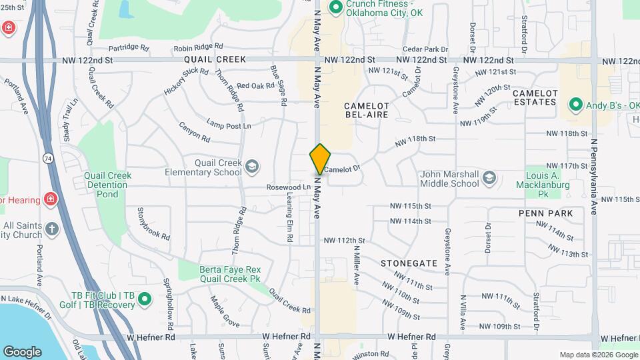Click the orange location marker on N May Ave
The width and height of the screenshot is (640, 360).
320,159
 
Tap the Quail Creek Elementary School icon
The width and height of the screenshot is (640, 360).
252,167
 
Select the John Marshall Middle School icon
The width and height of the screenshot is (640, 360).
489,177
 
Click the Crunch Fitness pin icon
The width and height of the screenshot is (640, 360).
336,8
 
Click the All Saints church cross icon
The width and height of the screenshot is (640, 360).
52,230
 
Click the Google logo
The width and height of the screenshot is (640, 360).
22,351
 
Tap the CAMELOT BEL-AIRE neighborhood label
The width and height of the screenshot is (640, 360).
366,110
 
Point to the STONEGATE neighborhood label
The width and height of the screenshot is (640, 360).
409,263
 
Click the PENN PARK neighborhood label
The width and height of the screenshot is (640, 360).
546,213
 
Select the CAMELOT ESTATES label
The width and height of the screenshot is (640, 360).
535,97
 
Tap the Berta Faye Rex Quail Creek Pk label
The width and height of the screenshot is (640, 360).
229,274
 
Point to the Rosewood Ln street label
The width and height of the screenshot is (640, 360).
289,187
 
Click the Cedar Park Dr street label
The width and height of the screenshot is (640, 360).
425,49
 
